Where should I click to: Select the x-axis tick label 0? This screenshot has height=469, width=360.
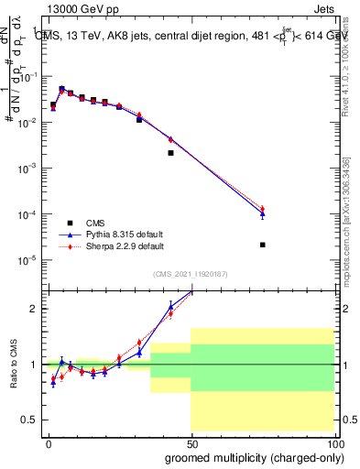click(x=49, y=442)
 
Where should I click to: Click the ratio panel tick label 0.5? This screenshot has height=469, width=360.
click(x=29, y=420)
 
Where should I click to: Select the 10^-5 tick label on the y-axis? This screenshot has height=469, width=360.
click(x=27, y=260)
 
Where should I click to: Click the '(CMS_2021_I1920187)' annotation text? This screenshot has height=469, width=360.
click(x=190, y=273)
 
